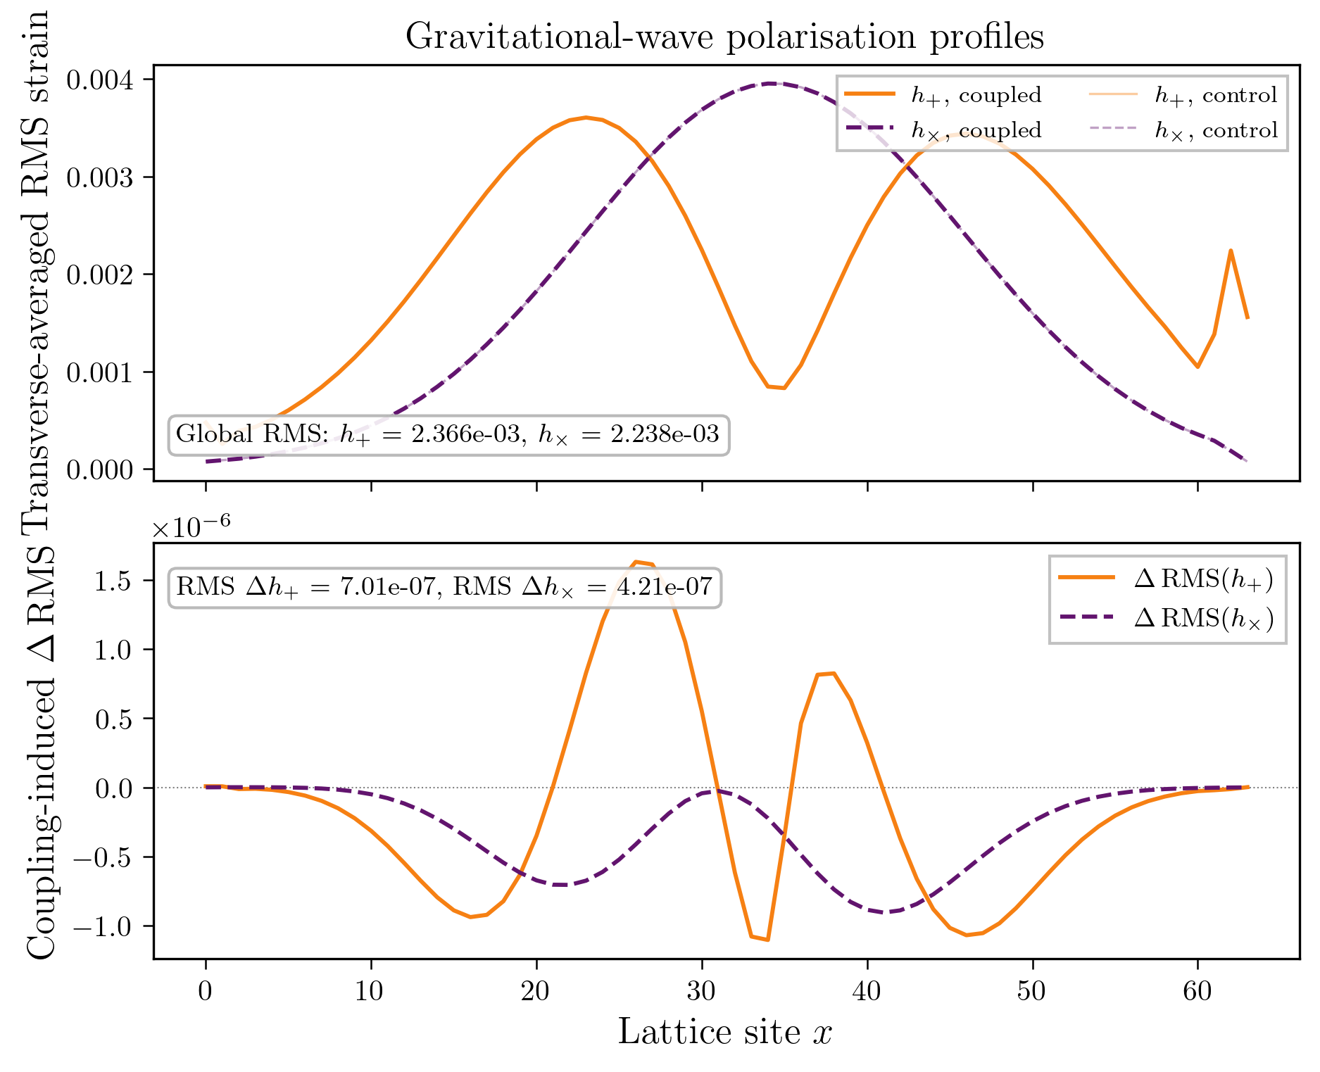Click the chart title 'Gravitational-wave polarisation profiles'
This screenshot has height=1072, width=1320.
click(x=724, y=37)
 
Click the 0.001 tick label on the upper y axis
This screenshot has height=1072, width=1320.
click(x=100, y=372)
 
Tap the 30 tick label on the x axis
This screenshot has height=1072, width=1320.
click(x=702, y=991)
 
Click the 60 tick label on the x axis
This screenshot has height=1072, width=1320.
click(x=1198, y=991)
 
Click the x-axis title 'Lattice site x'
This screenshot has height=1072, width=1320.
click(x=725, y=1033)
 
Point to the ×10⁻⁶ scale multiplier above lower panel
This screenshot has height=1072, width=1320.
click(x=191, y=526)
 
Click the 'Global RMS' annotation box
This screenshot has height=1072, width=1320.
click(x=448, y=434)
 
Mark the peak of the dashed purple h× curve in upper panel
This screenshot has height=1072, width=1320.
click(x=771, y=83)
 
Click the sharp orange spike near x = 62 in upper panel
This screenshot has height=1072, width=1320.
click(x=1231, y=251)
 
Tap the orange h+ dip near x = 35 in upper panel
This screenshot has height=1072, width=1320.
click(x=777, y=387)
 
